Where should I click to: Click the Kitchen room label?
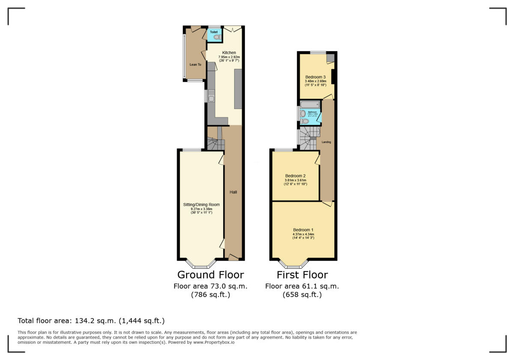click(229, 53)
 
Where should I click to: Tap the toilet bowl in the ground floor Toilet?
click(216, 38)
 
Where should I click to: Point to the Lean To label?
click(195, 65)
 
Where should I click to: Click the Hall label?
click(233, 192)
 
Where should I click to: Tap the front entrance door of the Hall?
click(233, 258)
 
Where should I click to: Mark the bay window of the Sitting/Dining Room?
click(200, 264)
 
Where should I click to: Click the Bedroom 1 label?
click(303, 229)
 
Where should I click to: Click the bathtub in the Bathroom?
click(310, 105)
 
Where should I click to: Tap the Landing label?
click(326, 142)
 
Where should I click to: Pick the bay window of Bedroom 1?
click(293, 264)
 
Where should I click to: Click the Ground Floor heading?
click(210, 275)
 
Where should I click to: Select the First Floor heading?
click(302, 275)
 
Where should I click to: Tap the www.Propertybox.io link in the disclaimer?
click(213, 342)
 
